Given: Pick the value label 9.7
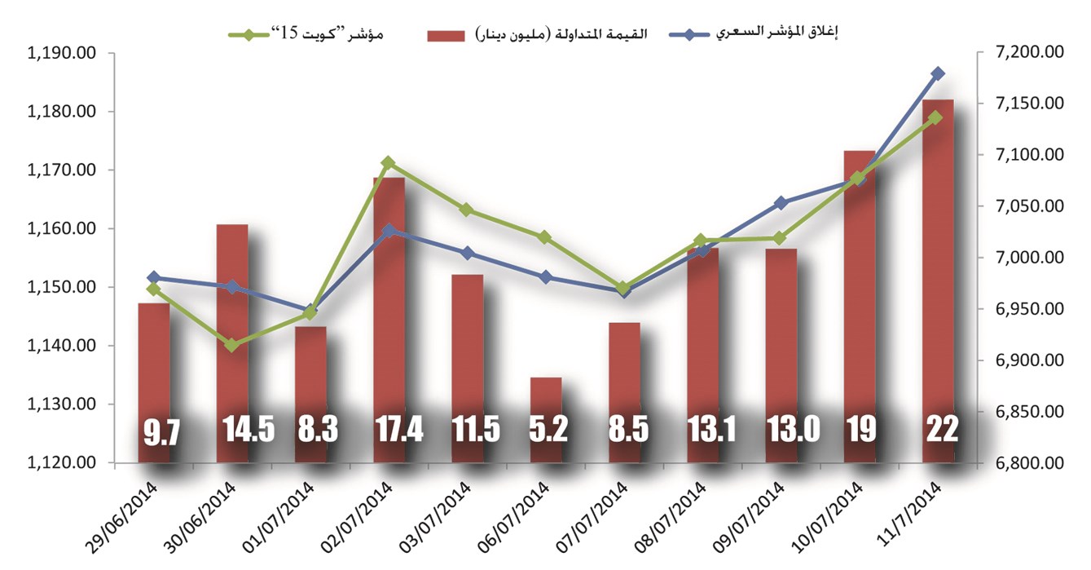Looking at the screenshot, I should [x=153, y=431].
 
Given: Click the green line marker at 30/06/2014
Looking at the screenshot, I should [x=232, y=346].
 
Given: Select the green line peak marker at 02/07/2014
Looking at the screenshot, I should [x=389, y=163].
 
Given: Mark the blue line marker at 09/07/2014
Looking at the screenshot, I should [x=781, y=202].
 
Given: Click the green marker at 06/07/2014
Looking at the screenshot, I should [x=546, y=237].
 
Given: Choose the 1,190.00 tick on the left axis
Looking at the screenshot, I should [x=62, y=53].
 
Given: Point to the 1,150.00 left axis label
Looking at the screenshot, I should [x=62, y=287].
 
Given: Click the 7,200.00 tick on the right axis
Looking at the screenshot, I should [x=1029, y=53].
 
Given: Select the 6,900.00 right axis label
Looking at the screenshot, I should [x=1029, y=360].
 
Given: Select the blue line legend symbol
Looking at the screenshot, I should [x=691, y=34].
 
